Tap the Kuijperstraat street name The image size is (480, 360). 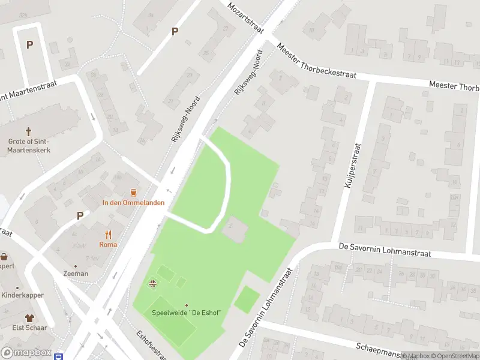[355, 166]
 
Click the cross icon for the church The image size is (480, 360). [28, 131]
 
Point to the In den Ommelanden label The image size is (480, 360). [133, 203]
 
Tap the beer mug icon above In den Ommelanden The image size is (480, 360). [133, 193]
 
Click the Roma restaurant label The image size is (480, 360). [109, 244]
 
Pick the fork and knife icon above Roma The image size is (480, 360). [109, 234]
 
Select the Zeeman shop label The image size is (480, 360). [76, 274]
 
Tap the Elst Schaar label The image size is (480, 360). [28, 328]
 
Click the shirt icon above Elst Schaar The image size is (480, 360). [28, 318]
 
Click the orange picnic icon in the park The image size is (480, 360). [153, 284]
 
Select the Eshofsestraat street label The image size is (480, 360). [151, 344]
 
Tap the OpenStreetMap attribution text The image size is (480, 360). [457, 356]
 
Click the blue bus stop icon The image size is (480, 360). [59, 356]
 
